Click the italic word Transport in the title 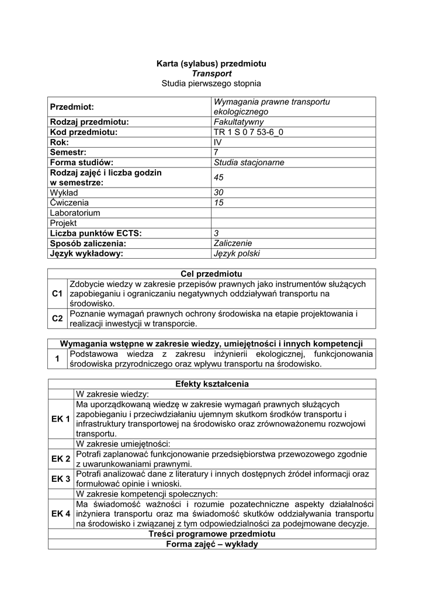(211, 74)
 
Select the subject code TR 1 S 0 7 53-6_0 (249, 132)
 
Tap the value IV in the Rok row (218, 142)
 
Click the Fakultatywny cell (238, 122)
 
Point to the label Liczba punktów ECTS (96, 233)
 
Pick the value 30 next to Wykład (219, 192)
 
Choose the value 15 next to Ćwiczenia (219, 203)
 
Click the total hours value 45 (219, 178)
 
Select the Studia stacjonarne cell (249, 162)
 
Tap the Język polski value (237, 253)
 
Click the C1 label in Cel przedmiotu (57, 294)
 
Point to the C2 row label (57, 319)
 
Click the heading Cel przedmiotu (211, 274)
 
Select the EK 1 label (61, 419)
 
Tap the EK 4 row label (61, 514)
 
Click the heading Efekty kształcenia (211, 384)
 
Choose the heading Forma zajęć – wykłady (211, 544)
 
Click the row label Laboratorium (75, 213)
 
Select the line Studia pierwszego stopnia (211, 84)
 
